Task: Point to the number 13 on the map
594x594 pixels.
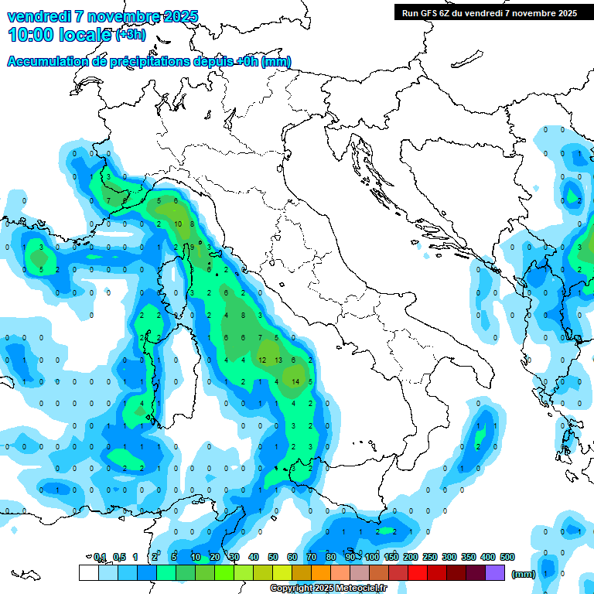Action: pyautogui.click(x=278, y=360)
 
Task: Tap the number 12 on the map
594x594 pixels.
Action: pyautogui.click(x=262, y=360)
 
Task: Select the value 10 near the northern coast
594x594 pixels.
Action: pyautogui.click(x=178, y=224)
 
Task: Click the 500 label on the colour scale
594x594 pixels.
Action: pyautogui.click(x=507, y=557)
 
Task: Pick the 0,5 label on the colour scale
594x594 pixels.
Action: pyautogui.click(x=119, y=557)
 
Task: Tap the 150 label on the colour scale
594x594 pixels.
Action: pyautogui.click(x=391, y=557)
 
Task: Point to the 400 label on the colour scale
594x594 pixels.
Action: pyautogui.click(x=488, y=557)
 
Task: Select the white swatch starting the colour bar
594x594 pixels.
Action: pyautogui.click(x=88, y=572)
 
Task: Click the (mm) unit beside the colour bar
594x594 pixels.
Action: pyautogui.click(x=524, y=574)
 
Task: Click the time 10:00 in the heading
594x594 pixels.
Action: pyautogui.click(x=32, y=35)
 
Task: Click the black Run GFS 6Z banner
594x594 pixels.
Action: pyautogui.click(x=490, y=12)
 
